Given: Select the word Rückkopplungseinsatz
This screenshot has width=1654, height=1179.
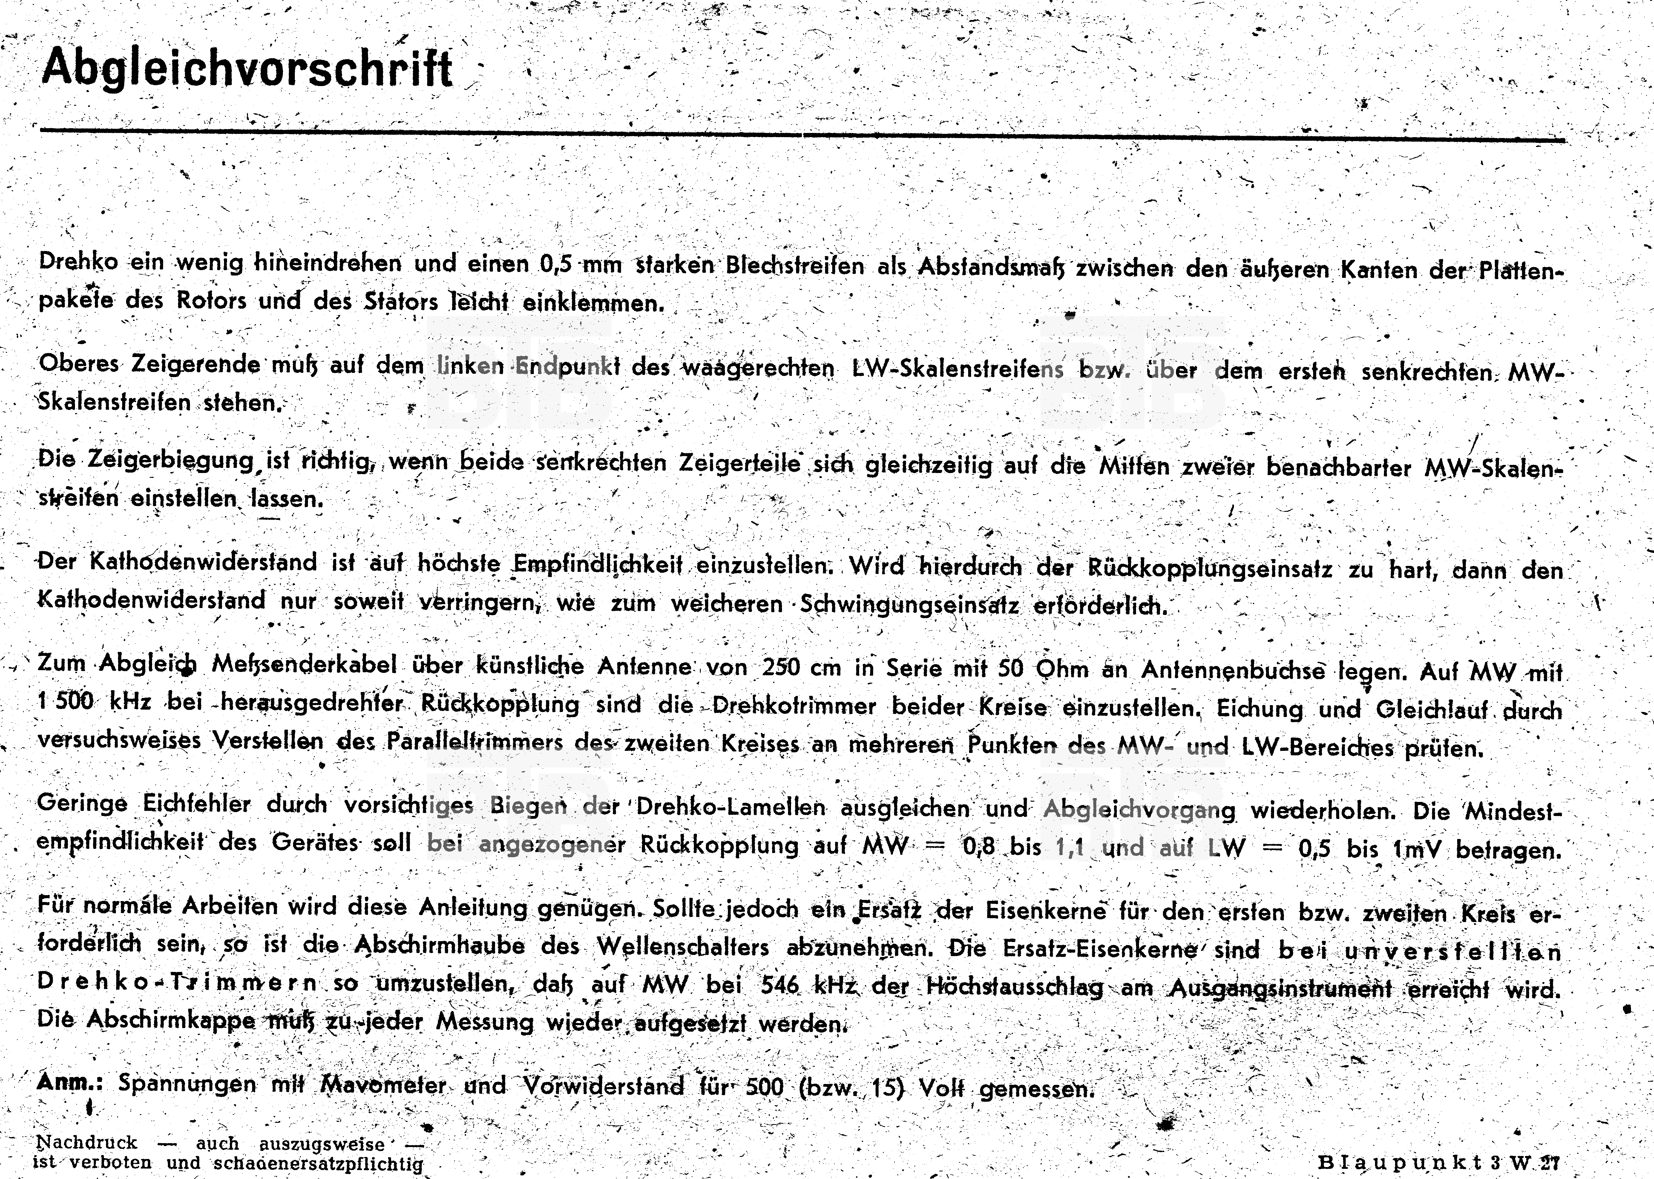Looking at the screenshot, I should click(1210, 569).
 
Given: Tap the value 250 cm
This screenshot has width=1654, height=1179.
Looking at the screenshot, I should click(796, 667).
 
